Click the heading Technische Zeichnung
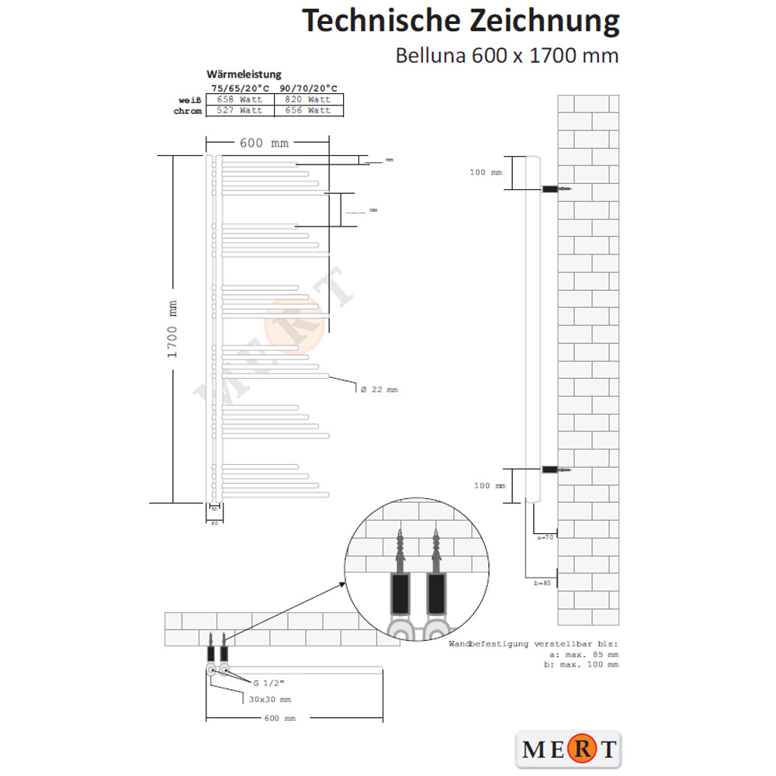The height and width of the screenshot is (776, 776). (x=460, y=21)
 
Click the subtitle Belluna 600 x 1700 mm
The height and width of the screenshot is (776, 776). (x=507, y=56)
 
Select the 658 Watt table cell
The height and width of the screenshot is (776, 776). (x=240, y=99)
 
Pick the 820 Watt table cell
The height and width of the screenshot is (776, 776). (x=308, y=99)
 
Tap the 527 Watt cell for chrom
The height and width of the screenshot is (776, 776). (x=240, y=110)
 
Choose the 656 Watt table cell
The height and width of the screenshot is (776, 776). (x=308, y=110)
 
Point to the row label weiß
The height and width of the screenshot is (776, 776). (x=190, y=99)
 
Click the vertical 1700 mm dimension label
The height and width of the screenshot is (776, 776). (x=173, y=329)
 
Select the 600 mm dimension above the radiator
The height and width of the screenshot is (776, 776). (x=264, y=143)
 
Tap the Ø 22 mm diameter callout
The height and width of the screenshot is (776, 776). (x=379, y=390)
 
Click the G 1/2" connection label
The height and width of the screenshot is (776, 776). (x=268, y=684)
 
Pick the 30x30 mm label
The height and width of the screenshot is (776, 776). (x=269, y=699)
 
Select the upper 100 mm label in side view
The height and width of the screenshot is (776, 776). (x=486, y=172)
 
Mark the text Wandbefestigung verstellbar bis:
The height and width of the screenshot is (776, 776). (x=533, y=644)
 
